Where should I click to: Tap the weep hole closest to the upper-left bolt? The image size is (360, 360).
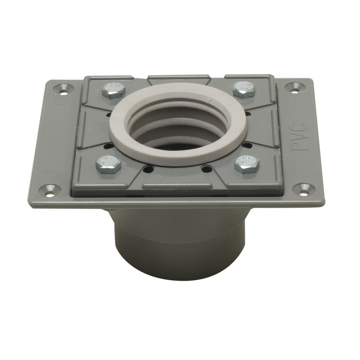108,114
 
